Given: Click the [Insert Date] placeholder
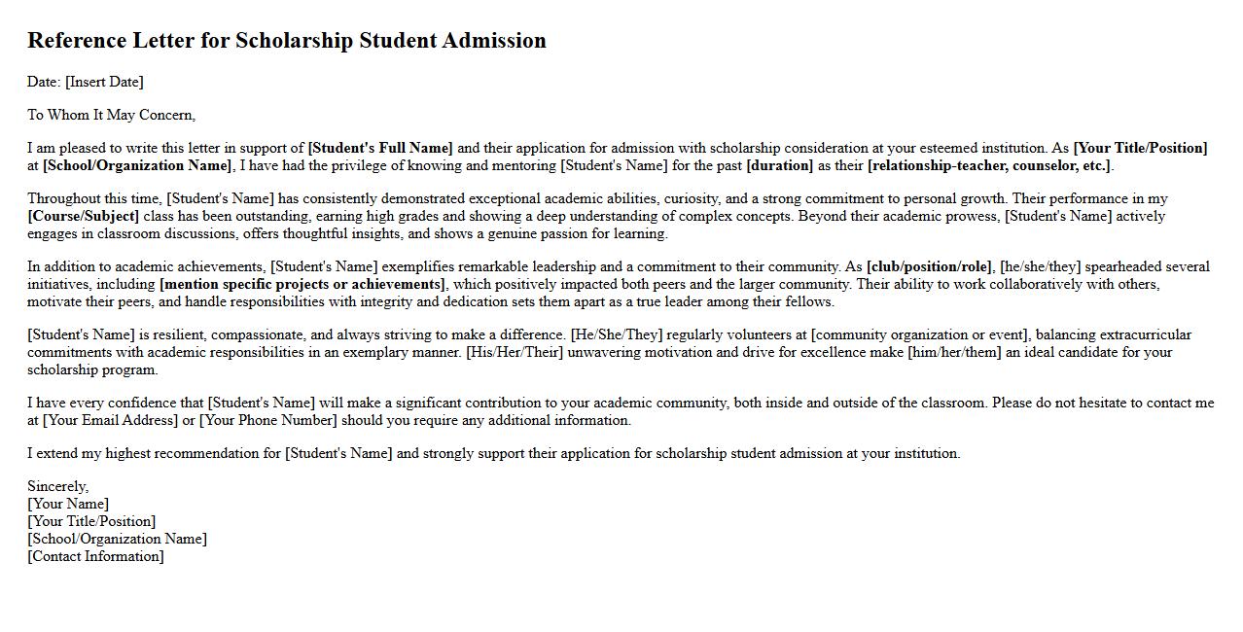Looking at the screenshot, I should point(104,82).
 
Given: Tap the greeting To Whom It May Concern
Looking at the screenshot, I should point(111,115).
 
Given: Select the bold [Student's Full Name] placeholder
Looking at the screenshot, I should point(380,148).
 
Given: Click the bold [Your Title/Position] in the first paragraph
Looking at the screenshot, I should point(1140,148).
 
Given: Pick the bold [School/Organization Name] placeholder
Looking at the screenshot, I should point(137,165).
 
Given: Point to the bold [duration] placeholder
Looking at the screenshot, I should point(779,165).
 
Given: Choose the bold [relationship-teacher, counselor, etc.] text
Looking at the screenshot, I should point(989,165).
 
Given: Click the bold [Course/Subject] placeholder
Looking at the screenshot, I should point(84,216).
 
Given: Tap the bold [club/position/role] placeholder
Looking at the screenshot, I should point(929,266).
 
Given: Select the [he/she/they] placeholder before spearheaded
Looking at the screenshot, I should point(1041,266).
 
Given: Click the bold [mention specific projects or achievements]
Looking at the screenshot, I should point(302,284).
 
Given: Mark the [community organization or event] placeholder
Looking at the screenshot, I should point(919,334).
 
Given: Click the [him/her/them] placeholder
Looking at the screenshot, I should point(954,352).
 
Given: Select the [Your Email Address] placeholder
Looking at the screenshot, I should point(111,420).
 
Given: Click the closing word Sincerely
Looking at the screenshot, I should point(57,486).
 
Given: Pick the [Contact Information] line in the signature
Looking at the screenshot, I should point(95,556).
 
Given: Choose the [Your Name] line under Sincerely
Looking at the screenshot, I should point(68,504).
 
